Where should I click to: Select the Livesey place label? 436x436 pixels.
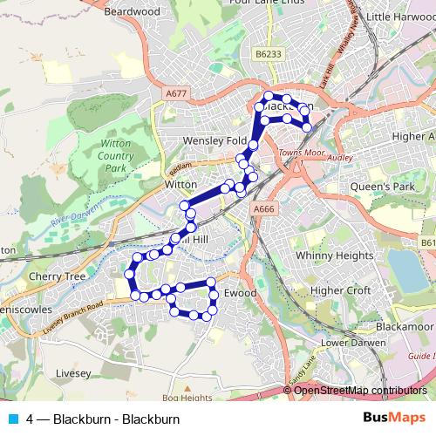pyautogui.click(x=72, y=372)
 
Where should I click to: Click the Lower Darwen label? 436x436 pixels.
pyautogui.click(x=351, y=342)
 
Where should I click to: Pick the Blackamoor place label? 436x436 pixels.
pyautogui.click(x=405, y=324)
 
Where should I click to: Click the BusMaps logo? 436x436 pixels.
pyautogui.click(x=395, y=419)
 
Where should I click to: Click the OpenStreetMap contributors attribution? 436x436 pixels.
pyautogui.click(x=360, y=391)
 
